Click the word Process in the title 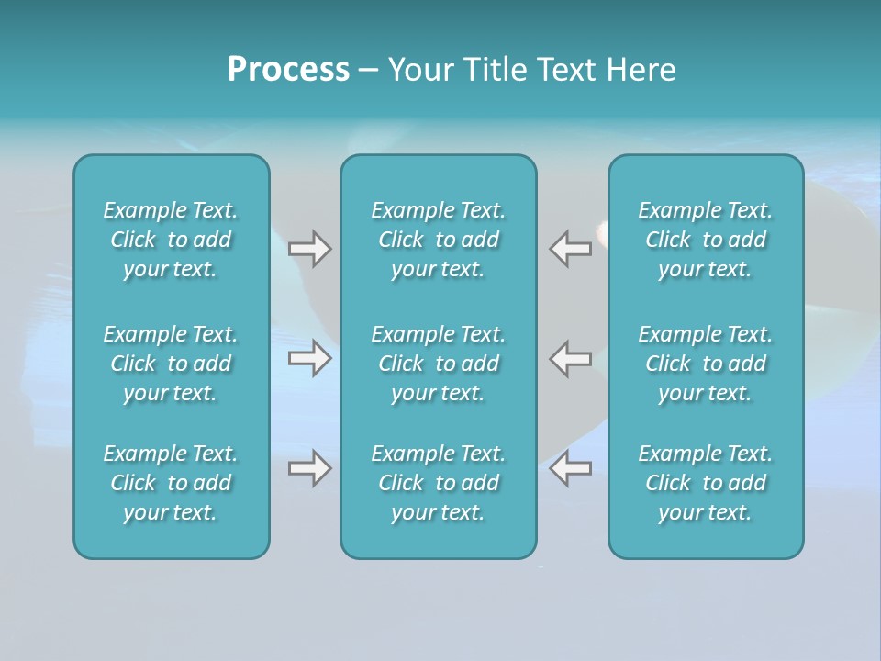[288, 70]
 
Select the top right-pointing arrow [309, 249]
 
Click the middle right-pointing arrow [309, 358]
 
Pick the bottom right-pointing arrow [309, 468]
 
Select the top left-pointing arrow [571, 249]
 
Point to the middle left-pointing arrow [571, 358]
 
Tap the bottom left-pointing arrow [571, 468]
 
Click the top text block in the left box [171, 240]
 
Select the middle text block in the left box [171, 364]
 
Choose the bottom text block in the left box [171, 483]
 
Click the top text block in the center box [438, 240]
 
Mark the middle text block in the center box [438, 364]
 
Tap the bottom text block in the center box [438, 483]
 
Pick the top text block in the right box [705, 240]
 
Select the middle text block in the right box [705, 364]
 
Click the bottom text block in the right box [705, 483]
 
